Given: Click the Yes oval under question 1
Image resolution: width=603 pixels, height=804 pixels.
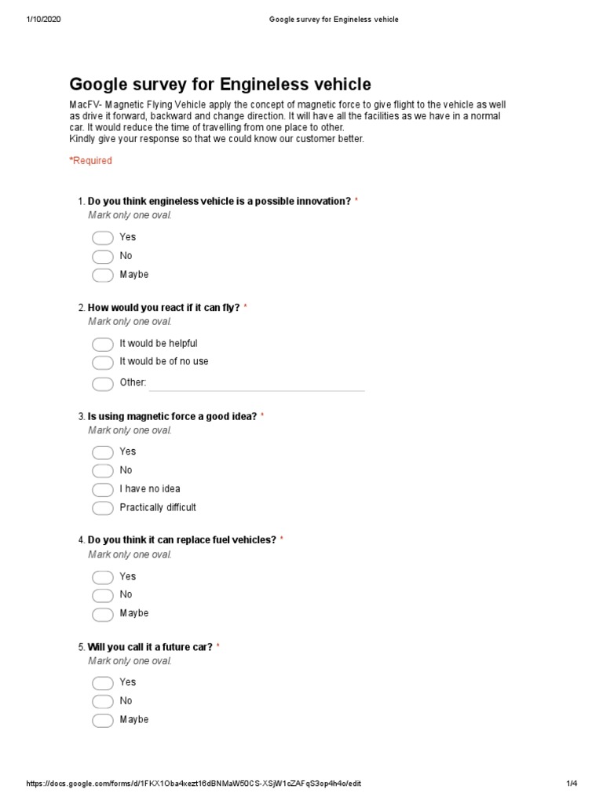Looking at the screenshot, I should pyautogui.click(x=103, y=238).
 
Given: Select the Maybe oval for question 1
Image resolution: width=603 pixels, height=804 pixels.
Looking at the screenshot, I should pyautogui.click(x=103, y=276).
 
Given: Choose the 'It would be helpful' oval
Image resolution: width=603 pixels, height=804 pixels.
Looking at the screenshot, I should pyautogui.click(x=103, y=344).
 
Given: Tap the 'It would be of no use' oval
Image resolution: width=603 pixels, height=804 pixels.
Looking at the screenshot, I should pyautogui.click(x=103, y=363).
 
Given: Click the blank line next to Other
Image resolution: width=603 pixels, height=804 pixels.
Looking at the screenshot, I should pyautogui.click(x=257, y=384).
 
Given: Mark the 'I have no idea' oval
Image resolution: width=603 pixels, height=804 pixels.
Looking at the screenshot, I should pyautogui.click(x=103, y=490).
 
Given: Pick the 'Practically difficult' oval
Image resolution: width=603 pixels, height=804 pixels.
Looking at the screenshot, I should pyautogui.click(x=103, y=509).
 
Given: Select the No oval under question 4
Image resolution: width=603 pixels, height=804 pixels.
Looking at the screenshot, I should pyautogui.click(x=103, y=596).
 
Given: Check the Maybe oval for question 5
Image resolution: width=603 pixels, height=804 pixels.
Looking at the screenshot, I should pyautogui.click(x=103, y=721).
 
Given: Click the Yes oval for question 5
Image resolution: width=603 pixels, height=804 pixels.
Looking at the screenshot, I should pyautogui.click(x=103, y=683).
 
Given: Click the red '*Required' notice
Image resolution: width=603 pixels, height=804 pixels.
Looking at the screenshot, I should pyautogui.click(x=91, y=161).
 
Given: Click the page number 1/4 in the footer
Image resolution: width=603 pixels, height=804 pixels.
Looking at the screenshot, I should pyautogui.click(x=571, y=784).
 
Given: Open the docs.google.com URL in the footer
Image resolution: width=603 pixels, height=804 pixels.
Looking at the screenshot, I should pyautogui.click(x=194, y=784).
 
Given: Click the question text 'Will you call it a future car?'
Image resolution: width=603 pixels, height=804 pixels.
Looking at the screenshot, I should pyautogui.click(x=150, y=647).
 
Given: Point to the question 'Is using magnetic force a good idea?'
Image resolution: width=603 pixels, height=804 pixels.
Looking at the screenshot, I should pyautogui.click(x=172, y=416).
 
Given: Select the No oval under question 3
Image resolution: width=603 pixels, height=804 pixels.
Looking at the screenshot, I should pyautogui.click(x=103, y=471).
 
